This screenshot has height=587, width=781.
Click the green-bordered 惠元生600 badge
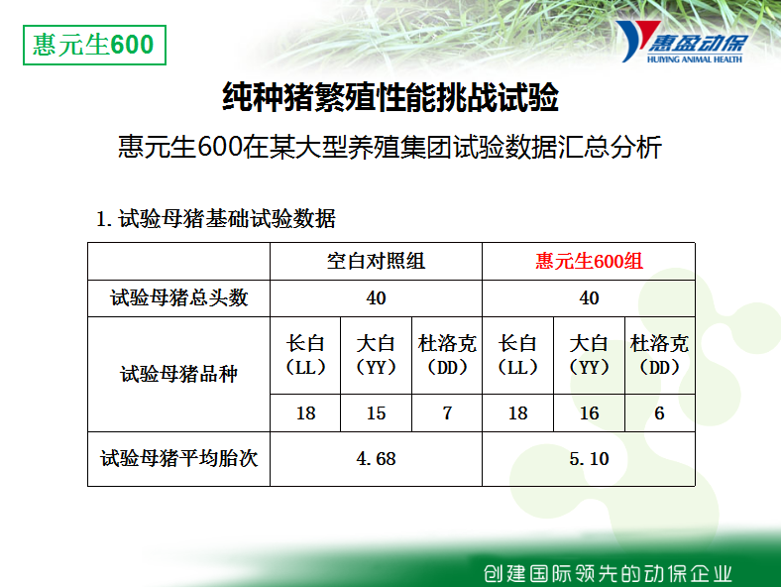[x=94, y=45]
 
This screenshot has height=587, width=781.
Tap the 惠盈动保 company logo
[x=681, y=42]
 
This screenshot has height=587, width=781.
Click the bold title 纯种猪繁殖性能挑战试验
[x=390, y=97]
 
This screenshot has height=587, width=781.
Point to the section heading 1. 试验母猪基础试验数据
[x=216, y=219]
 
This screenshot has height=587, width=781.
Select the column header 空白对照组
[x=376, y=261]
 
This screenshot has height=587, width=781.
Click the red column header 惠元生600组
[x=589, y=261]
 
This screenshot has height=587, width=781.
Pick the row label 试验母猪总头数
[x=178, y=298]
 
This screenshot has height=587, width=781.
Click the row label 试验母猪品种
[x=178, y=374]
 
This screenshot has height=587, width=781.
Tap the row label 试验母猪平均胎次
[x=178, y=458]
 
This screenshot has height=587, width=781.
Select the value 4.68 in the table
[x=376, y=458]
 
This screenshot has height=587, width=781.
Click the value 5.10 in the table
[x=589, y=458]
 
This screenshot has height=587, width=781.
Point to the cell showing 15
[x=376, y=413]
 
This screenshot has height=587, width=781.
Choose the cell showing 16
[x=589, y=413]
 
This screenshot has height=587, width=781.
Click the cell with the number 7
[x=447, y=413]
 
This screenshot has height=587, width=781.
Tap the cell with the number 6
[x=659, y=413]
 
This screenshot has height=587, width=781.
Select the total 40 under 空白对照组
[x=376, y=298]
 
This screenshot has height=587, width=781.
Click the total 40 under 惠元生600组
[x=589, y=298]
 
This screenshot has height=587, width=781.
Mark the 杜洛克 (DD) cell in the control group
[x=447, y=355]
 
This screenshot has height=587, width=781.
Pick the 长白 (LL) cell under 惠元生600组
[x=518, y=355]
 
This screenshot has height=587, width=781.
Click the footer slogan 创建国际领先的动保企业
[x=608, y=573]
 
